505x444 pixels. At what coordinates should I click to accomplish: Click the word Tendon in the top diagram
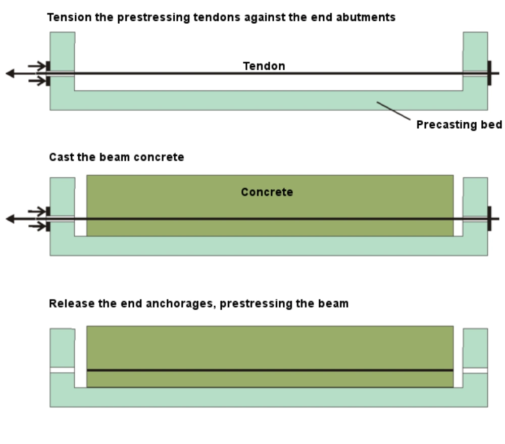click(x=264, y=66)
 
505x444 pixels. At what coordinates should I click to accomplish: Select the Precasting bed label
click(x=459, y=125)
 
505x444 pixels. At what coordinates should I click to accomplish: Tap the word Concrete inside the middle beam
click(x=267, y=192)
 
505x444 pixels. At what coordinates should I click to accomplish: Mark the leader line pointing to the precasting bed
click(x=393, y=110)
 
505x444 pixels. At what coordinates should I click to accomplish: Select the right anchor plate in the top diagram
click(x=489, y=73)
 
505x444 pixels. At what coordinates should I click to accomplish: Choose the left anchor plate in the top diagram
click(x=48, y=73)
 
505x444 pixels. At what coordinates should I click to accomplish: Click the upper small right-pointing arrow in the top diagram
click(x=37, y=66)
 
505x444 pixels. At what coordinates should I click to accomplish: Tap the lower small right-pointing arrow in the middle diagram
click(x=37, y=226)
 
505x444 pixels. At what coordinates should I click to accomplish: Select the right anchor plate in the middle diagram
click(x=489, y=218)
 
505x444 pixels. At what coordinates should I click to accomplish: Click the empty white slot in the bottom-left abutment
click(x=62, y=370)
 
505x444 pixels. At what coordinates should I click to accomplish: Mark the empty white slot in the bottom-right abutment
click(x=475, y=370)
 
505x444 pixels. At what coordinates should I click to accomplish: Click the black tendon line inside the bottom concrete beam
click(x=270, y=370)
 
